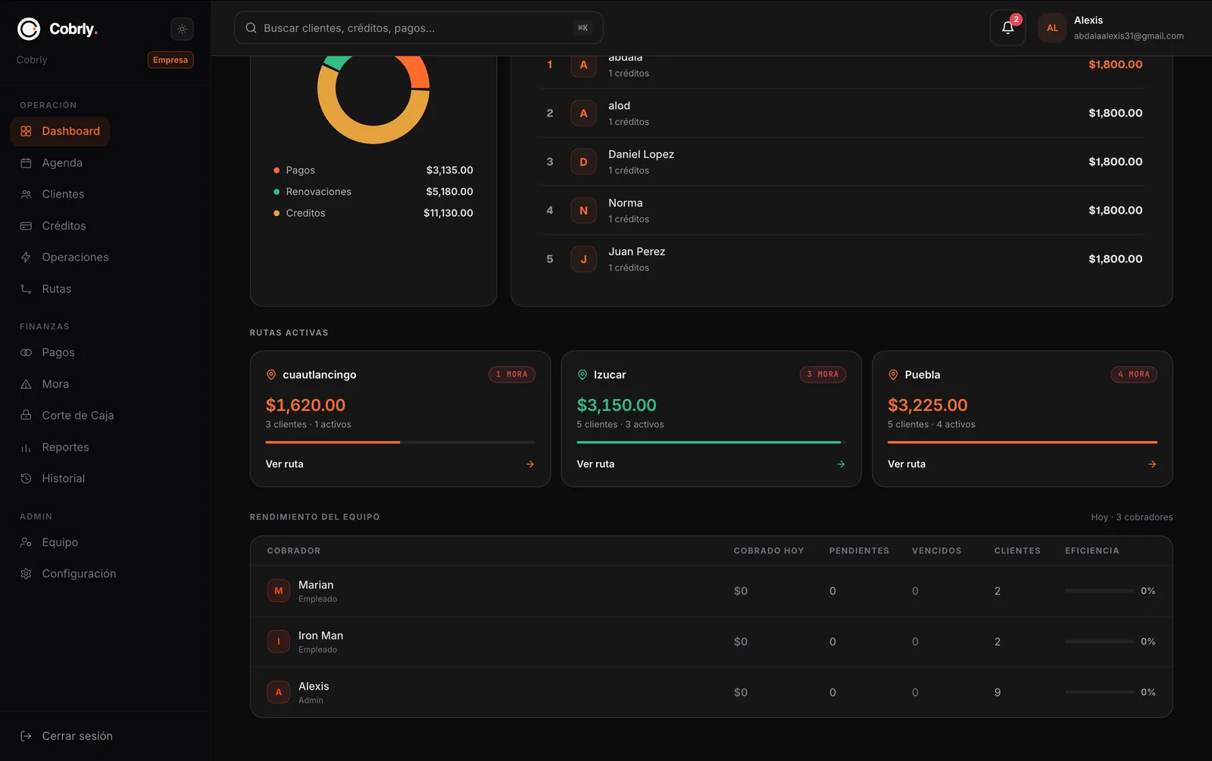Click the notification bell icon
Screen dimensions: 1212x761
point(1007,27)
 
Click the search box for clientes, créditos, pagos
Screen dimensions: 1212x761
point(418,27)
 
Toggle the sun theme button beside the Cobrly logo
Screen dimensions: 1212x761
point(182,29)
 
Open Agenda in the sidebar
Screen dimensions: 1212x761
point(61,162)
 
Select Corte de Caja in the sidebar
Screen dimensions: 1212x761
point(77,415)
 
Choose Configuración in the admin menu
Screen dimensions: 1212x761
point(79,573)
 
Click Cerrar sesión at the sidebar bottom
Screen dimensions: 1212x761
point(77,735)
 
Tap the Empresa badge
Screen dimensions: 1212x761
point(170,60)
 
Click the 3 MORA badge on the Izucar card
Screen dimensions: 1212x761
point(823,374)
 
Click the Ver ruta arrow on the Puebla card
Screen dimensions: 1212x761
point(1152,464)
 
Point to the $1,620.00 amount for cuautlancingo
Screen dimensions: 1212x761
point(305,404)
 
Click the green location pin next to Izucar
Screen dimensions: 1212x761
point(583,374)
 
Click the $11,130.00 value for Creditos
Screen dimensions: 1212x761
point(448,213)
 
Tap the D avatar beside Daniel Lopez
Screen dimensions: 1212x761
point(583,162)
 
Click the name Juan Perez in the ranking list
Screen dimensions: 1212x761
point(636,251)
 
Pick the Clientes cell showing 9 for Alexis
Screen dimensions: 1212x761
point(997,692)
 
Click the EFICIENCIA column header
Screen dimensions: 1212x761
point(1092,550)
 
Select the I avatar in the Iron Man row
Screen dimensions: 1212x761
point(278,641)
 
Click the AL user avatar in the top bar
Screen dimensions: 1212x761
point(1052,27)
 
